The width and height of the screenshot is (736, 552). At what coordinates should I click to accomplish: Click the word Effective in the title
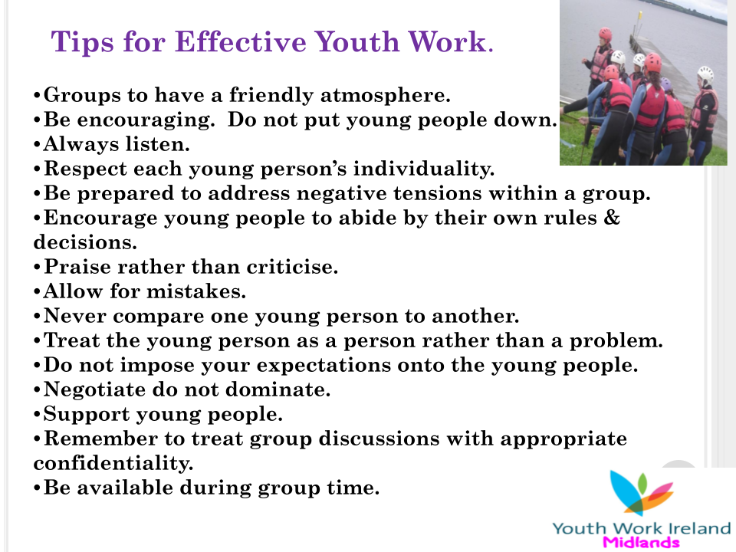click(240, 41)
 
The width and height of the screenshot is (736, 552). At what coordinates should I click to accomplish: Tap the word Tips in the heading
click(82, 43)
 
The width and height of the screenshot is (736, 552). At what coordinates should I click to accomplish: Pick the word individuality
click(424, 169)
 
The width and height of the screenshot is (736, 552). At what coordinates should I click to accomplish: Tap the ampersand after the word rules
click(611, 217)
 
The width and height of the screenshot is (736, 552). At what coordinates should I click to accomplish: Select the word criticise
click(292, 267)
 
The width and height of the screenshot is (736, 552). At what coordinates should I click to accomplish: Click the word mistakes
click(196, 291)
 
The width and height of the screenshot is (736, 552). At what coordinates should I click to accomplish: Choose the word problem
click(616, 341)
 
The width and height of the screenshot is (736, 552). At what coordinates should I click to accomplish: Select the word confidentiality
click(113, 463)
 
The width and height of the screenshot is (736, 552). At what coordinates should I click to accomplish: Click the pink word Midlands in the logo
click(641, 542)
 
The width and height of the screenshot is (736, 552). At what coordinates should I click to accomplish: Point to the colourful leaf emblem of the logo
click(642, 492)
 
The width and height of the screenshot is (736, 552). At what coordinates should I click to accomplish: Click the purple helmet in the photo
click(666, 84)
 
